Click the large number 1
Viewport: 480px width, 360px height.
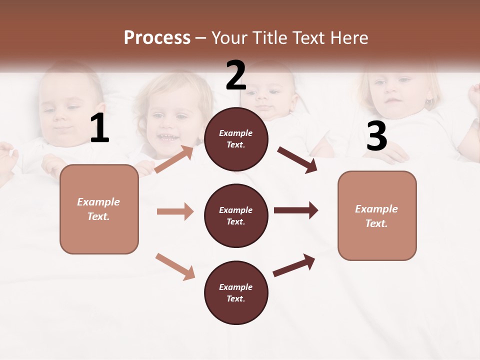coord(99,128)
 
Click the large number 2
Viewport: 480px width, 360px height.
coord(236,75)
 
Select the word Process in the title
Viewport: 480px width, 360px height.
coord(157,37)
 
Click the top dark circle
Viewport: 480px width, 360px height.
coord(236,139)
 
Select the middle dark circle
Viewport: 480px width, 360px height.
coord(236,215)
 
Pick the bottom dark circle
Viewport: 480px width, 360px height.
coord(236,292)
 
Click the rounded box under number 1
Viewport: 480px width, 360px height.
coord(99,209)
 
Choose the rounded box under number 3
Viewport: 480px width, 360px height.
coord(377,215)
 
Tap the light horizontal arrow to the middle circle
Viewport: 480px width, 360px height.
coord(175,211)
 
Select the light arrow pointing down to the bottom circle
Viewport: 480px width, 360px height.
coord(175,266)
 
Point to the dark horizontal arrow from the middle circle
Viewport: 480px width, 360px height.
coord(296,210)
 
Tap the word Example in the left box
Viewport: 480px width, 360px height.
coord(98,202)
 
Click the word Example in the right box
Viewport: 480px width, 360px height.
coord(376,209)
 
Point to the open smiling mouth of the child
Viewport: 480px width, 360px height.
coord(168,137)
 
